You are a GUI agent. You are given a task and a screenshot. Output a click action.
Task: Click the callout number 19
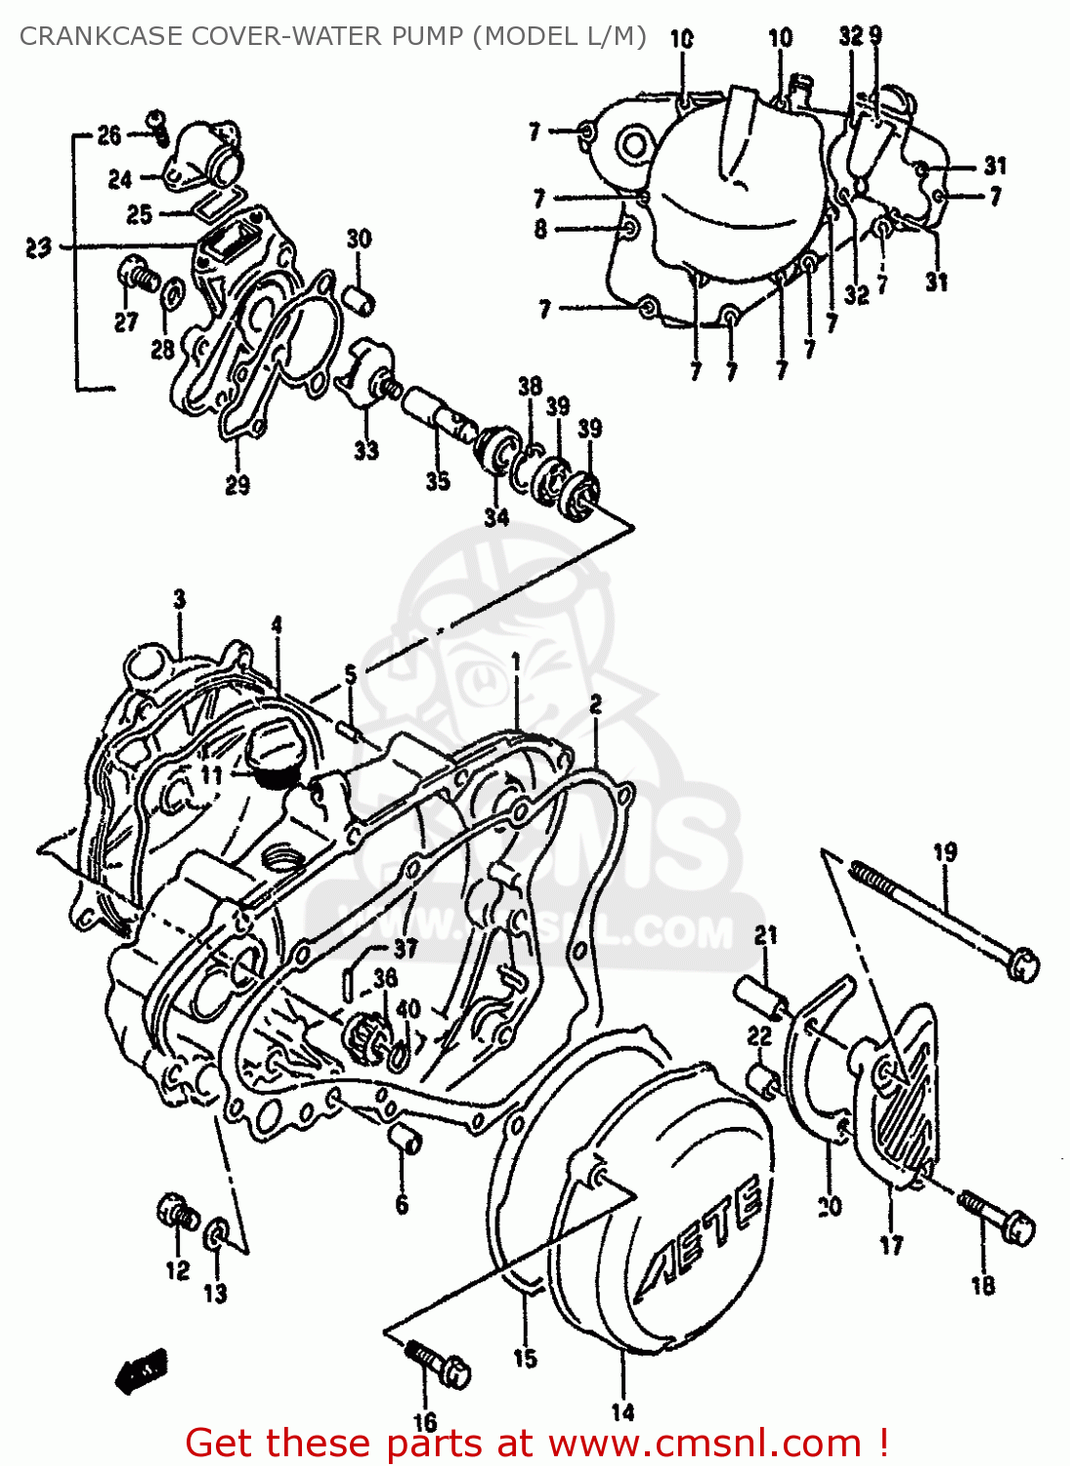point(945,852)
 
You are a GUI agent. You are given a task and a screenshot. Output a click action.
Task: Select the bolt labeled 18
point(998,1216)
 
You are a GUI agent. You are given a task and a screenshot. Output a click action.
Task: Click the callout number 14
point(622,1411)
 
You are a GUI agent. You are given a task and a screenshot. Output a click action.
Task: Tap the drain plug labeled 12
point(178,1214)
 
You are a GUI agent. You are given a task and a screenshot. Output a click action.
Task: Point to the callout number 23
point(38,247)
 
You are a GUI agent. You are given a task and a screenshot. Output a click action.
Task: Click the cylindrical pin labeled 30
point(361,298)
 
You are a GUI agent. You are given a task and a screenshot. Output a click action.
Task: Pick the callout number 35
point(437,480)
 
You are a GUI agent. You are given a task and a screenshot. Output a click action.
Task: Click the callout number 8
point(540,229)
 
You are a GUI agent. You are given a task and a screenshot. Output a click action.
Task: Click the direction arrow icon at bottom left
point(142,1370)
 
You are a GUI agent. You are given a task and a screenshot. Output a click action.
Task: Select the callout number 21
point(765,935)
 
